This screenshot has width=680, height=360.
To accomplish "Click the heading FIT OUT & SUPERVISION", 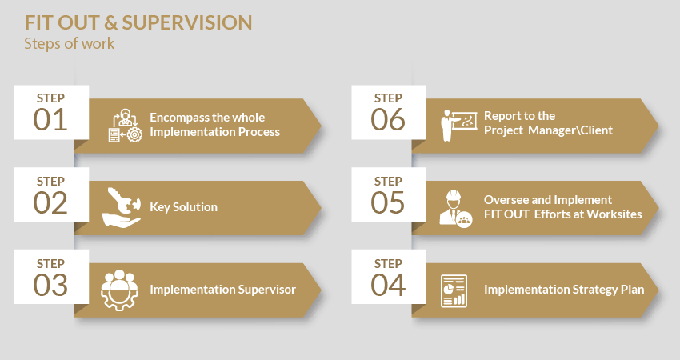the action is point(138,23).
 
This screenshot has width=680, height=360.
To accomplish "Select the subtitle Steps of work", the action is point(70,43).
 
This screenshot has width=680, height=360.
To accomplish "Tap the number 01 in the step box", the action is point(50,120).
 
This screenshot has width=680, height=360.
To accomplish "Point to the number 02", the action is point(50,202).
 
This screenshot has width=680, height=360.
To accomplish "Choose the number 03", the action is point(50,285).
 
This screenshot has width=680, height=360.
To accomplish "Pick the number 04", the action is point(388,285).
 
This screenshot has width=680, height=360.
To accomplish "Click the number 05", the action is point(388,202).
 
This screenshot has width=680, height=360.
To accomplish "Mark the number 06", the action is point(388,120).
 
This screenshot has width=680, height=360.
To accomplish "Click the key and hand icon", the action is point(122,207).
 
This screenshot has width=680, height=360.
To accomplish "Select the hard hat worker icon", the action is point(456,209).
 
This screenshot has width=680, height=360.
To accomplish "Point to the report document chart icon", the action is point(454,290).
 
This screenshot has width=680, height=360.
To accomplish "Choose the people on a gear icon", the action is point(119,290).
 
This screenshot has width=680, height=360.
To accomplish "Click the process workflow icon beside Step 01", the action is point(125,126).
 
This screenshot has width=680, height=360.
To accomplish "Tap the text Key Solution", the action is point(183,207).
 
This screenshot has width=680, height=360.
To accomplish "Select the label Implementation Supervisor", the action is point(222,290).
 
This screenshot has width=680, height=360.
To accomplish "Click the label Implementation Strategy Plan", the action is point(564,290).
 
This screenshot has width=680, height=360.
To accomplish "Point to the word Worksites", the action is point(614,214).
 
